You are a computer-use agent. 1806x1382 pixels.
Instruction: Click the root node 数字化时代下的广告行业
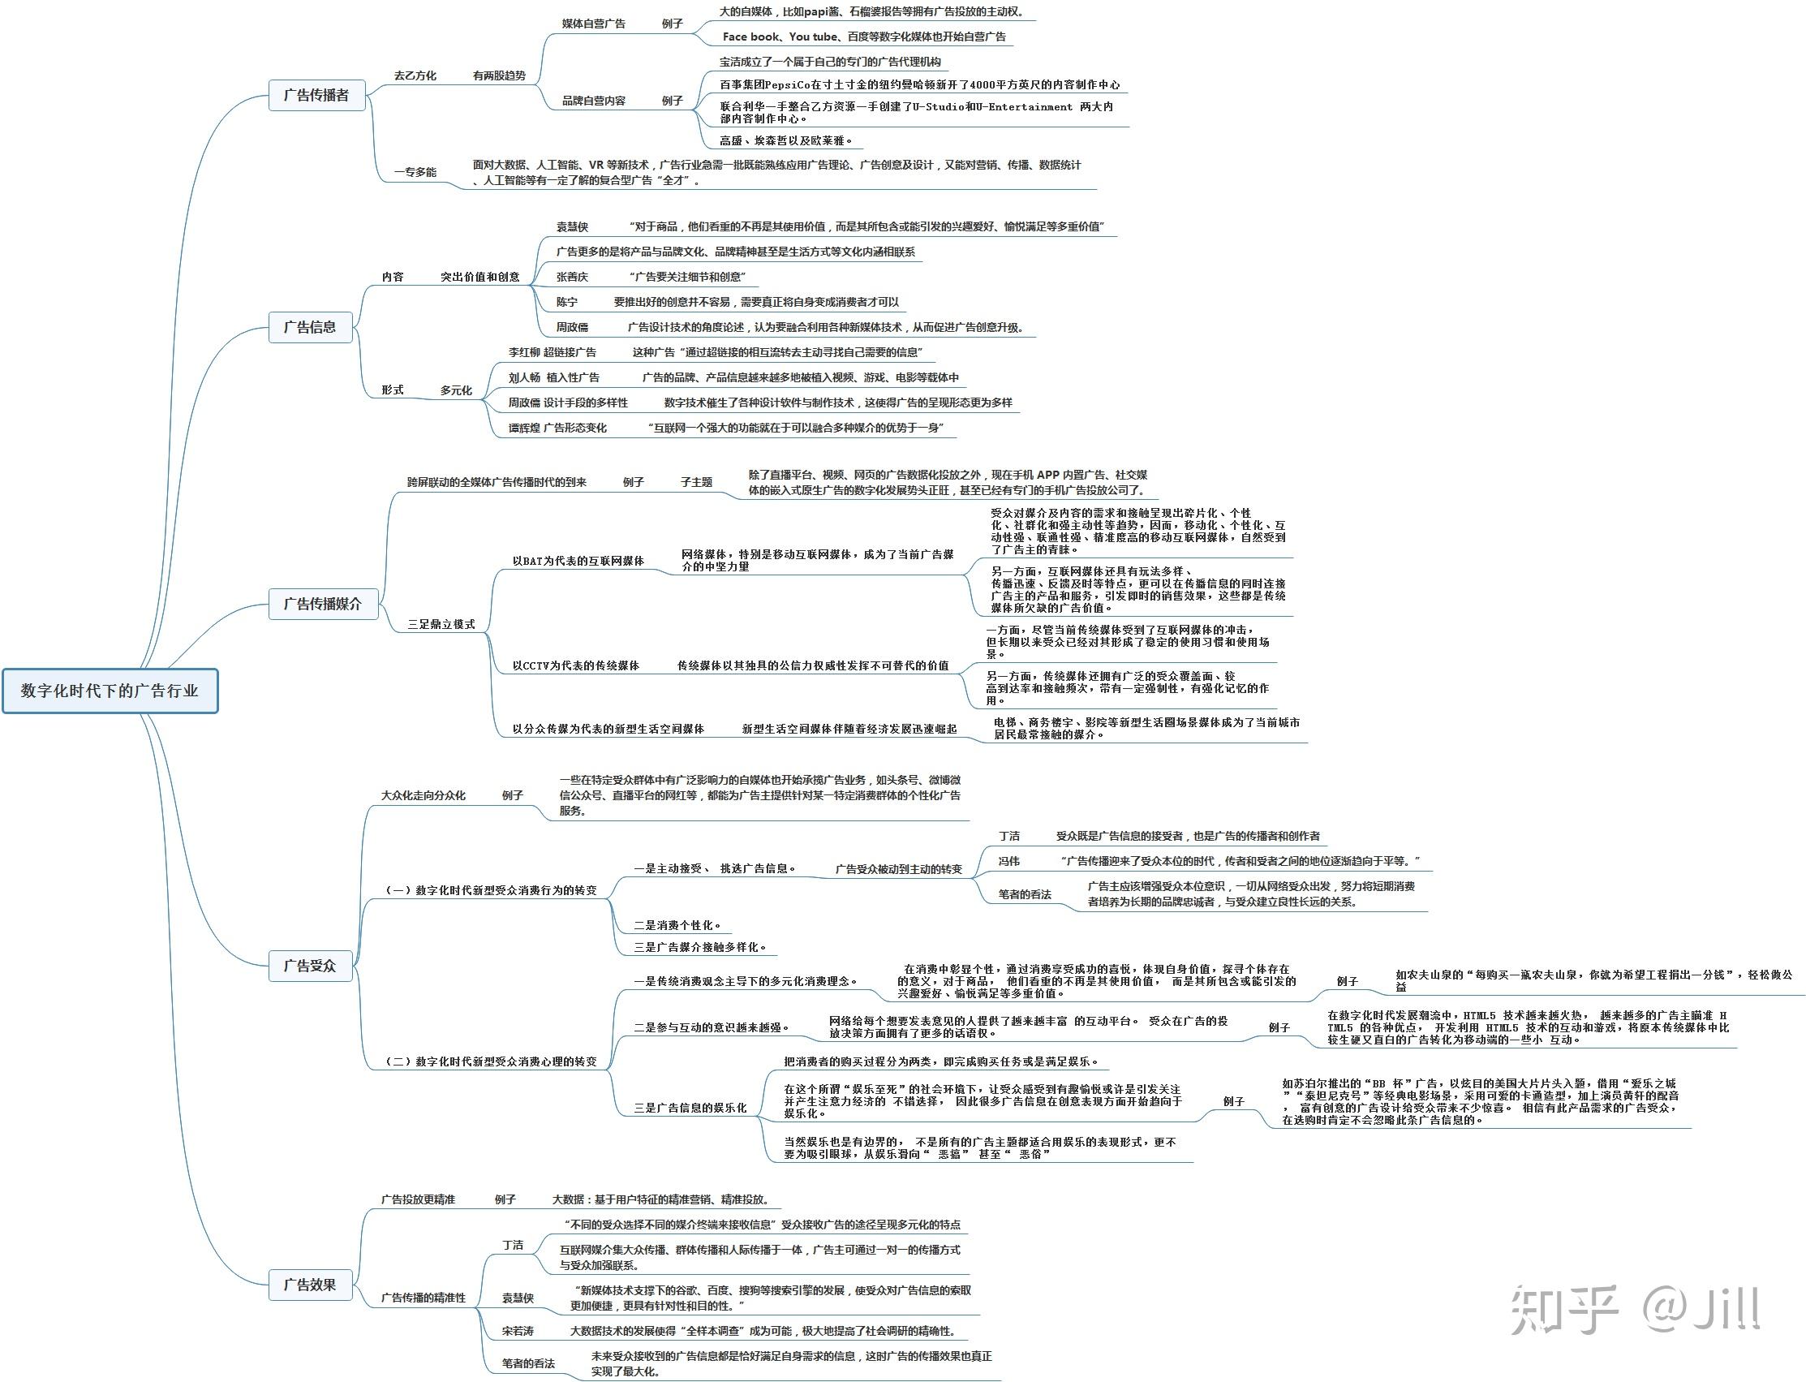tap(110, 691)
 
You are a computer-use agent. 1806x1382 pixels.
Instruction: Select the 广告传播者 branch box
tap(316, 96)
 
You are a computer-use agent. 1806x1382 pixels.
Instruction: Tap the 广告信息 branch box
tap(310, 327)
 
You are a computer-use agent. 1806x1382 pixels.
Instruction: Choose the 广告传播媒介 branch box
tap(322, 604)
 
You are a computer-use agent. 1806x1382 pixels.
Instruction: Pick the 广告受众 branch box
tap(310, 966)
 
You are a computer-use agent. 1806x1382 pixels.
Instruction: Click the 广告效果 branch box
tap(310, 1285)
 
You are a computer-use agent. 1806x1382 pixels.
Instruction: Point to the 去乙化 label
tap(415, 75)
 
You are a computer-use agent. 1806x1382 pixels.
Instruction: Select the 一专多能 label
tap(415, 172)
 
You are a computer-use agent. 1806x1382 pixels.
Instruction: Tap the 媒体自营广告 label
tap(593, 24)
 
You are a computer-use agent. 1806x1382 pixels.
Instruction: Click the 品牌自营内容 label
tap(593, 101)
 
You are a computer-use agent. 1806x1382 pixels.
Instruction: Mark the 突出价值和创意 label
tap(479, 278)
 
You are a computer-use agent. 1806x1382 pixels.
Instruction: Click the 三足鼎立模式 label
tap(441, 624)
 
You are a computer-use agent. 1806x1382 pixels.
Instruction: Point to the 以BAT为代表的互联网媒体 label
tap(578, 561)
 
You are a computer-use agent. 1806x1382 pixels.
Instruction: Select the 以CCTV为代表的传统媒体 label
tap(575, 665)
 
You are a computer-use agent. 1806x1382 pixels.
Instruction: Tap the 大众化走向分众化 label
tap(423, 795)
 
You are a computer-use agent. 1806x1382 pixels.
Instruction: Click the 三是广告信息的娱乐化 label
tap(690, 1108)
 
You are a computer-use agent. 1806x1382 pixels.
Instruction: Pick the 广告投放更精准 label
tap(418, 1199)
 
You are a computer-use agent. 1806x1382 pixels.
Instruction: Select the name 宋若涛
tap(518, 1331)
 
